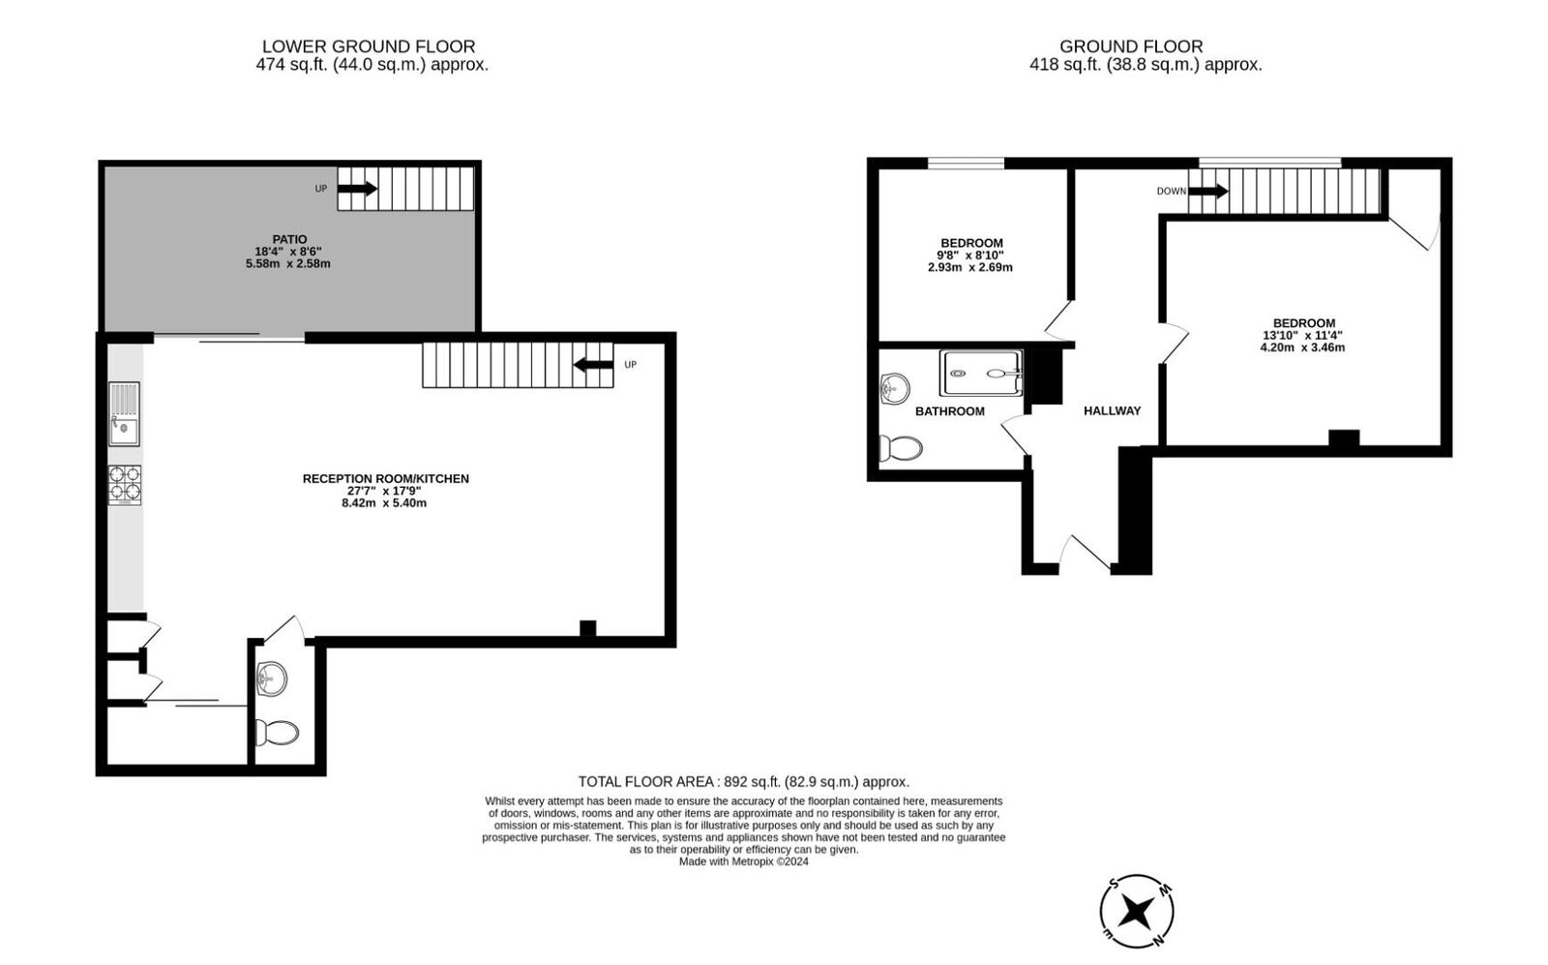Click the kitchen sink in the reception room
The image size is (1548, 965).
pos(124,414)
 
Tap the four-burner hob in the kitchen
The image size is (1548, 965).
pos(124,484)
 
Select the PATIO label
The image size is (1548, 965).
pos(289,239)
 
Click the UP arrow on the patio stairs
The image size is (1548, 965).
pos(357,189)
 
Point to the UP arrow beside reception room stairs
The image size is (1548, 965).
pos(593,365)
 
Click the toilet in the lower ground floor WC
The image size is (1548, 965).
pos(277,732)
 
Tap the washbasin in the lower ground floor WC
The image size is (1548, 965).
pos(272,678)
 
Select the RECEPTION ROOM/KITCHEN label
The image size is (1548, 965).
pos(385,478)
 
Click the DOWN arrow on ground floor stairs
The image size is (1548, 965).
pos(1207,192)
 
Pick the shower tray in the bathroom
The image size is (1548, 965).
pos(981,372)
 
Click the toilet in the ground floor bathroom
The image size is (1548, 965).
pos(901,448)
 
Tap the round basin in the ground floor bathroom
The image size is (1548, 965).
pos(896,388)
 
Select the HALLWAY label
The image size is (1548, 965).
pos(1112,410)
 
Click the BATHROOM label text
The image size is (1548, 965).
pos(949,411)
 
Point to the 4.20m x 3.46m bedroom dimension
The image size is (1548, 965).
pos(1302,347)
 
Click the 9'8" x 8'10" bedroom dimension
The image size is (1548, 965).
pos(970,256)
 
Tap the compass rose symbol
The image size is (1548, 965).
pos(1138,911)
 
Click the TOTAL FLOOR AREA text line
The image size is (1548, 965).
pos(743,781)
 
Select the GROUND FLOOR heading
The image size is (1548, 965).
pos(1131,46)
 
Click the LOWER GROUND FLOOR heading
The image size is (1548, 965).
pos(369,46)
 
